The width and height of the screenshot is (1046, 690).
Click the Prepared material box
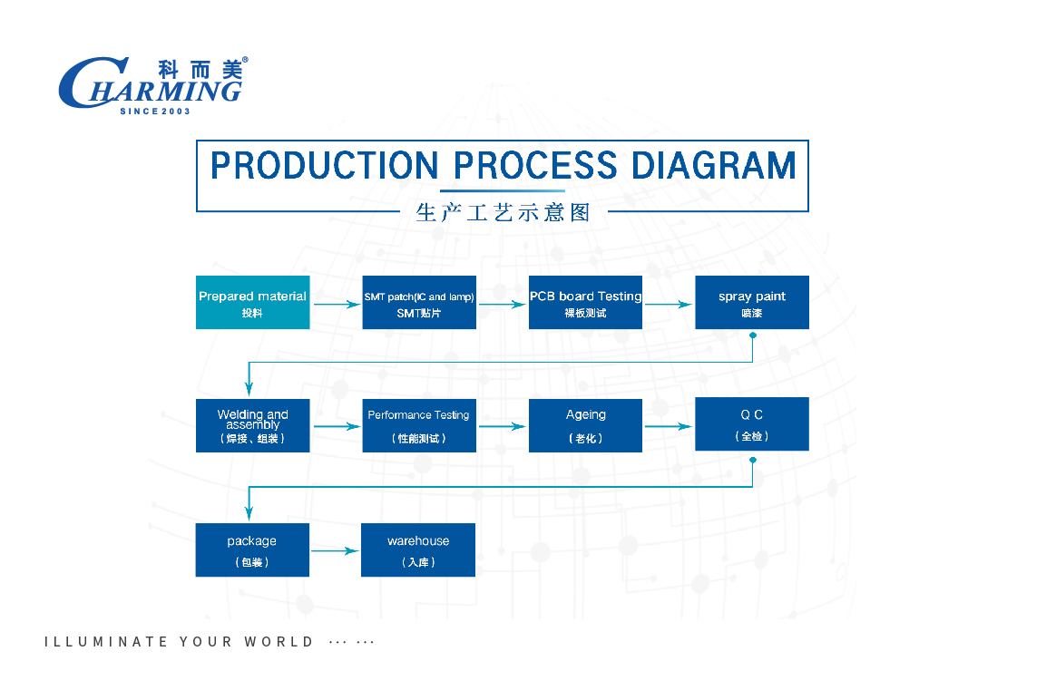pyautogui.click(x=252, y=303)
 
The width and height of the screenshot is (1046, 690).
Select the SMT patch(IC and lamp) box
pyautogui.click(x=419, y=303)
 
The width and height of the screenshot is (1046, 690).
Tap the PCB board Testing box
pyautogui.click(x=585, y=303)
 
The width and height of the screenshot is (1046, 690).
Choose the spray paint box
pyautogui.click(x=751, y=303)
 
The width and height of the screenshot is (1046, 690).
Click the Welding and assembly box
pyautogui.click(x=252, y=426)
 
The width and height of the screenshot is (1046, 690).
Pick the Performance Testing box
pyautogui.click(x=419, y=426)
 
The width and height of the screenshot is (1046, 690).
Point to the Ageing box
pyautogui.click(x=585, y=426)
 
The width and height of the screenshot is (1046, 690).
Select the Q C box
pyautogui.click(x=751, y=424)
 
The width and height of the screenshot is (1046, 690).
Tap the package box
pyautogui.click(x=252, y=549)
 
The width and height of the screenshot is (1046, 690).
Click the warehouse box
pyautogui.click(x=418, y=549)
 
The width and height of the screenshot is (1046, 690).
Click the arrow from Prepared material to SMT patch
pyautogui.click(x=336, y=305)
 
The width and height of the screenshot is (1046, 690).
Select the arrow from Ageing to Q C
pyautogui.click(x=668, y=426)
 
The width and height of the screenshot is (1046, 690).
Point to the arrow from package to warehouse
pyautogui.click(x=335, y=550)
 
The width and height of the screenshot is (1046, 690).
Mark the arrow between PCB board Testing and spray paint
pyautogui.click(x=668, y=305)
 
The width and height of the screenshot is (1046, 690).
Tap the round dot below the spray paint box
pyautogui.click(x=752, y=335)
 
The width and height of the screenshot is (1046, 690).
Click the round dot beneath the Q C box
pyautogui.click(x=752, y=460)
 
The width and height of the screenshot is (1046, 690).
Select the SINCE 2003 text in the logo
pyautogui.click(x=155, y=111)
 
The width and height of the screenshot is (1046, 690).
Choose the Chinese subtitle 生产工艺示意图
pyautogui.click(x=503, y=213)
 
